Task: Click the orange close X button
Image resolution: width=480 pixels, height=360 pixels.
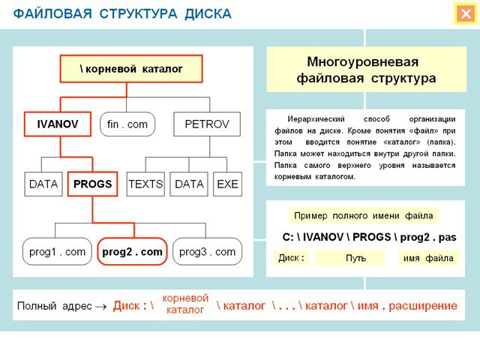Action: (466, 13)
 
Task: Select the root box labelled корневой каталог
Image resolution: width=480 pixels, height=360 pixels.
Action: (131, 69)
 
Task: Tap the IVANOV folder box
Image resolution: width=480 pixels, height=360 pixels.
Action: (58, 124)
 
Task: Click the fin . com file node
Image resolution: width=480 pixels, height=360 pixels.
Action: (127, 124)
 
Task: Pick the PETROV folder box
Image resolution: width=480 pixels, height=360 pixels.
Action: (207, 124)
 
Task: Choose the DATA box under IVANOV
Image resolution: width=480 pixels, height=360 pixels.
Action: (43, 184)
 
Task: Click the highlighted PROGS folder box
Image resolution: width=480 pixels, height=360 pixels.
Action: (92, 184)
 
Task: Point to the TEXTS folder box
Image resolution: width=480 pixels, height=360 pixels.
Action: (145, 184)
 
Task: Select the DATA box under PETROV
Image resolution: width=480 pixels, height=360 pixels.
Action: (189, 184)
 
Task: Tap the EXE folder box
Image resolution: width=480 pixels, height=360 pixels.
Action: (227, 184)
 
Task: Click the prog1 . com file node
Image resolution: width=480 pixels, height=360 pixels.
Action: (57, 252)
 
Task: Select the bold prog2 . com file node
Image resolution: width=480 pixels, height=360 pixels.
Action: (132, 252)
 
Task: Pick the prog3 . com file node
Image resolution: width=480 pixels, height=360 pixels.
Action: (207, 252)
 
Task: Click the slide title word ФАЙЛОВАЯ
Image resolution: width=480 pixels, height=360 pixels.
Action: (52, 14)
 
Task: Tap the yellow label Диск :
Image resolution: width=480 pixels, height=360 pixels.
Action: (292, 258)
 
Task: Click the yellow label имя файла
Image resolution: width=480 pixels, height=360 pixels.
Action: (428, 258)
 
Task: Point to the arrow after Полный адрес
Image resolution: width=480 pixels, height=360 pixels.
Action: (101, 307)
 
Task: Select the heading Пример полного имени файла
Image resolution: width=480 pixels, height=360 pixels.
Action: (363, 215)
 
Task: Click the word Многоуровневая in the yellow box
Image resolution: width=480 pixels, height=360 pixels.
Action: (363, 61)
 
